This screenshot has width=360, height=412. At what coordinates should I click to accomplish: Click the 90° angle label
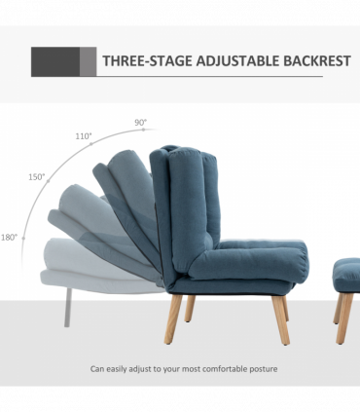141,123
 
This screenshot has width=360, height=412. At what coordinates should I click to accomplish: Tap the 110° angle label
84,137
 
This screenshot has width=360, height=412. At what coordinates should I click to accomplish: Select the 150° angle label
37,177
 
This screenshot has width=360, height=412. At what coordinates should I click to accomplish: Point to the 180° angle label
10,237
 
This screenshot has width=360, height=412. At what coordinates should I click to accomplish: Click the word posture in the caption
261,368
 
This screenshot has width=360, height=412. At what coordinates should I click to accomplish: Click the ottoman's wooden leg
343,317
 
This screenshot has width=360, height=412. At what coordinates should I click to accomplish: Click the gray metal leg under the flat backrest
66,306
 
